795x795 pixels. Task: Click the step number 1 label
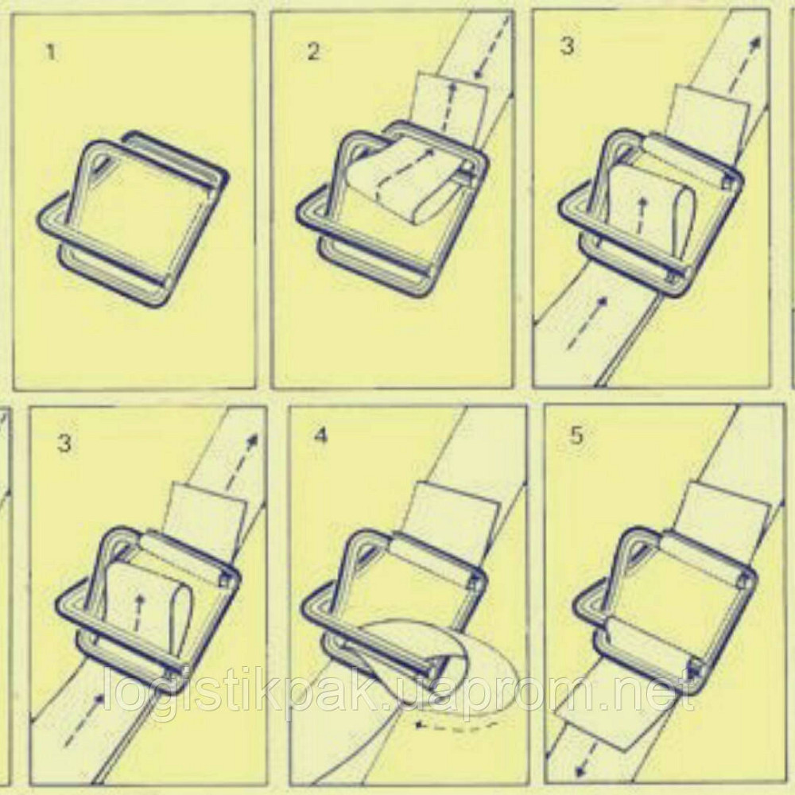click(x=50, y=52)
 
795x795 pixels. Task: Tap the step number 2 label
click(x=314, y=52)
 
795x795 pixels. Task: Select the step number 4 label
click(x=321, y=436)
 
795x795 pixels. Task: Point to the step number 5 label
click(x=576, y=436)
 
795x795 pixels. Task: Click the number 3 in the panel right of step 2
click(x=568, y=45)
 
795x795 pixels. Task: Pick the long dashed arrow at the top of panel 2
click(x=492, y=45)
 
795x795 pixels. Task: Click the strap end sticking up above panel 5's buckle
click(x=727, y=513)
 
